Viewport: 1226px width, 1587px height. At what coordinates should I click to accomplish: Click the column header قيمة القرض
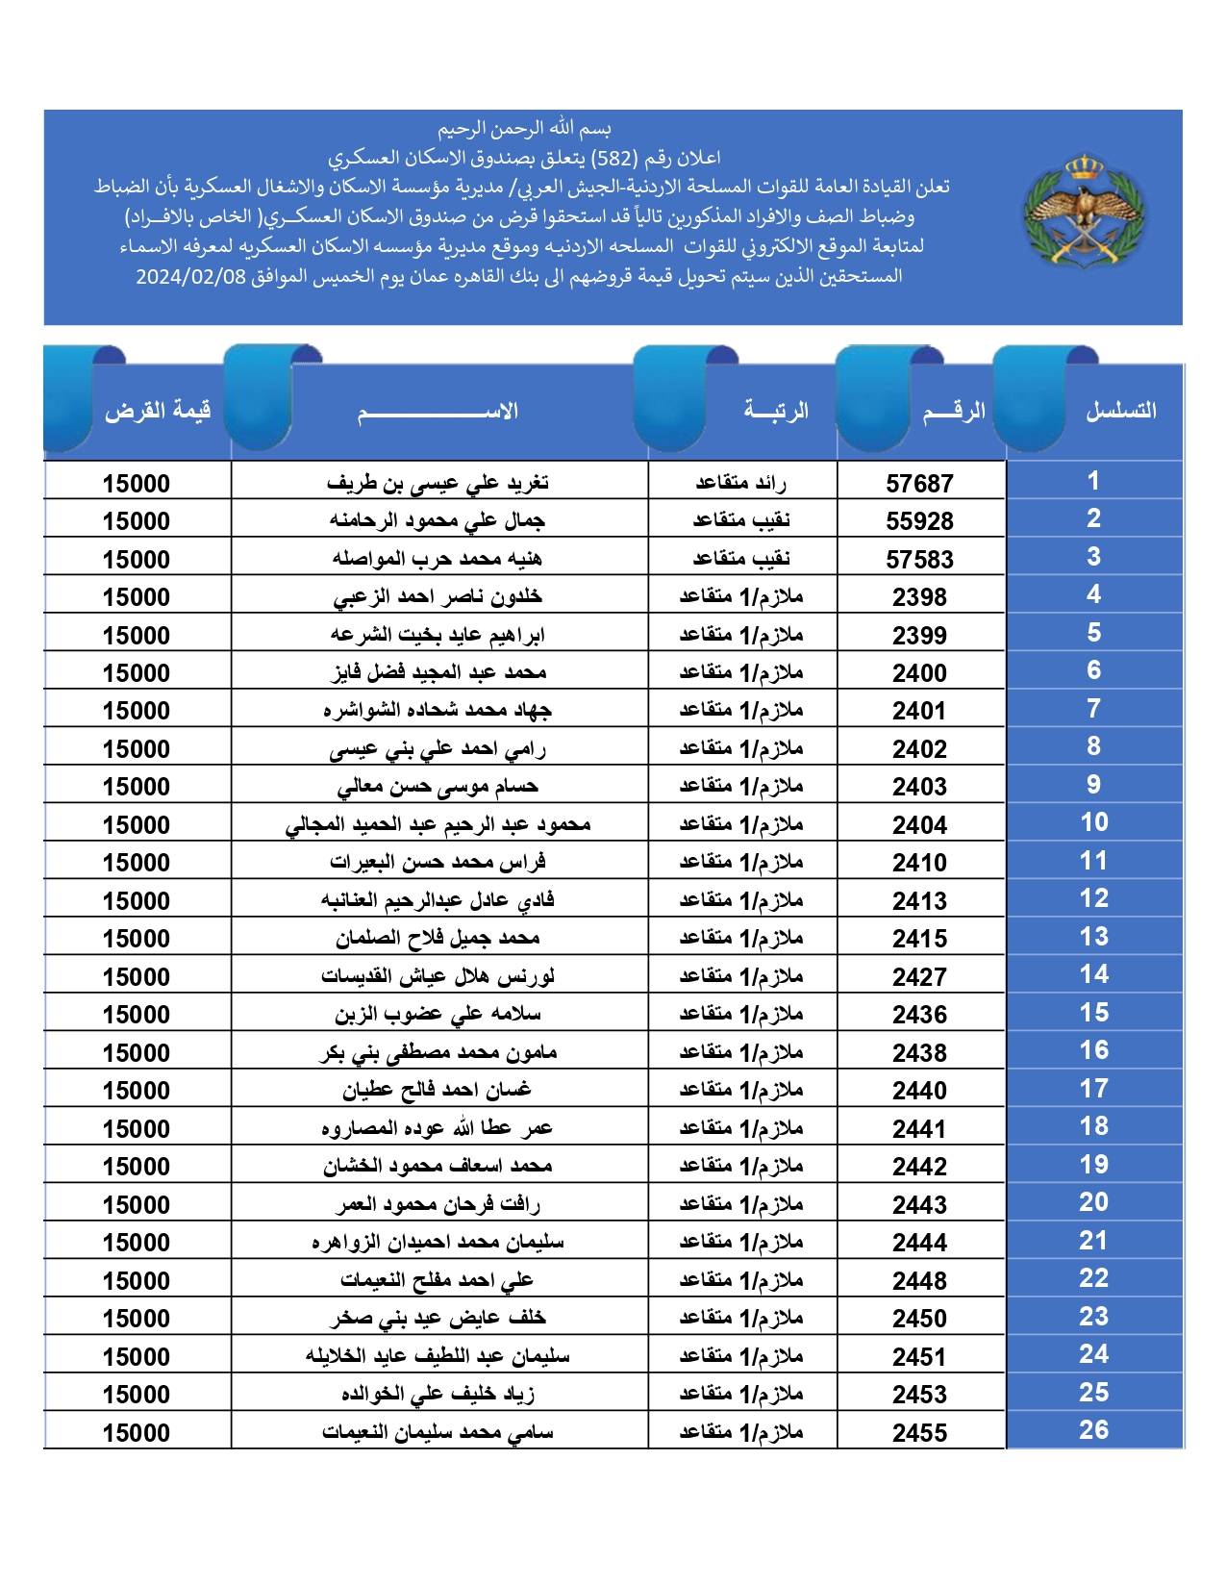pos(158,412)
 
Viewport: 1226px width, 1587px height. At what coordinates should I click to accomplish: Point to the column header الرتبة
pos(775,412)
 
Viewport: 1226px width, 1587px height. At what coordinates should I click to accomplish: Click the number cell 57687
pos(919,483)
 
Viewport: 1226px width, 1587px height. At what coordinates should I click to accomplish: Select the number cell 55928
pos(919,521)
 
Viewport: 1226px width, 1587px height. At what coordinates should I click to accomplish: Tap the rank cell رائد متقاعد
pos(740,483)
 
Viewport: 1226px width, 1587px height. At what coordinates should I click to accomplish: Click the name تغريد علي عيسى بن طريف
pos(438,483)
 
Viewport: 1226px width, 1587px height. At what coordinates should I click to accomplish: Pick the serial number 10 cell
pos(1093,823)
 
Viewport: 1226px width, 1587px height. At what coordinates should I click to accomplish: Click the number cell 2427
pos(919,977)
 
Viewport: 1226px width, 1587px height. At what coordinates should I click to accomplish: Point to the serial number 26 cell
pos(1093,1430)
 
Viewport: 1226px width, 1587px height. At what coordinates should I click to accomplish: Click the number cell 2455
pos(919,1433)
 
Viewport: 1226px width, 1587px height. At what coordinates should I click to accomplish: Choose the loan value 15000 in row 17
pos(136,1091)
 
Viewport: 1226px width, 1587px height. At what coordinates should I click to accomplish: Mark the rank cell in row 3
pos(740,559)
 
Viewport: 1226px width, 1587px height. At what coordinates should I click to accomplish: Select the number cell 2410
pos(919,863)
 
